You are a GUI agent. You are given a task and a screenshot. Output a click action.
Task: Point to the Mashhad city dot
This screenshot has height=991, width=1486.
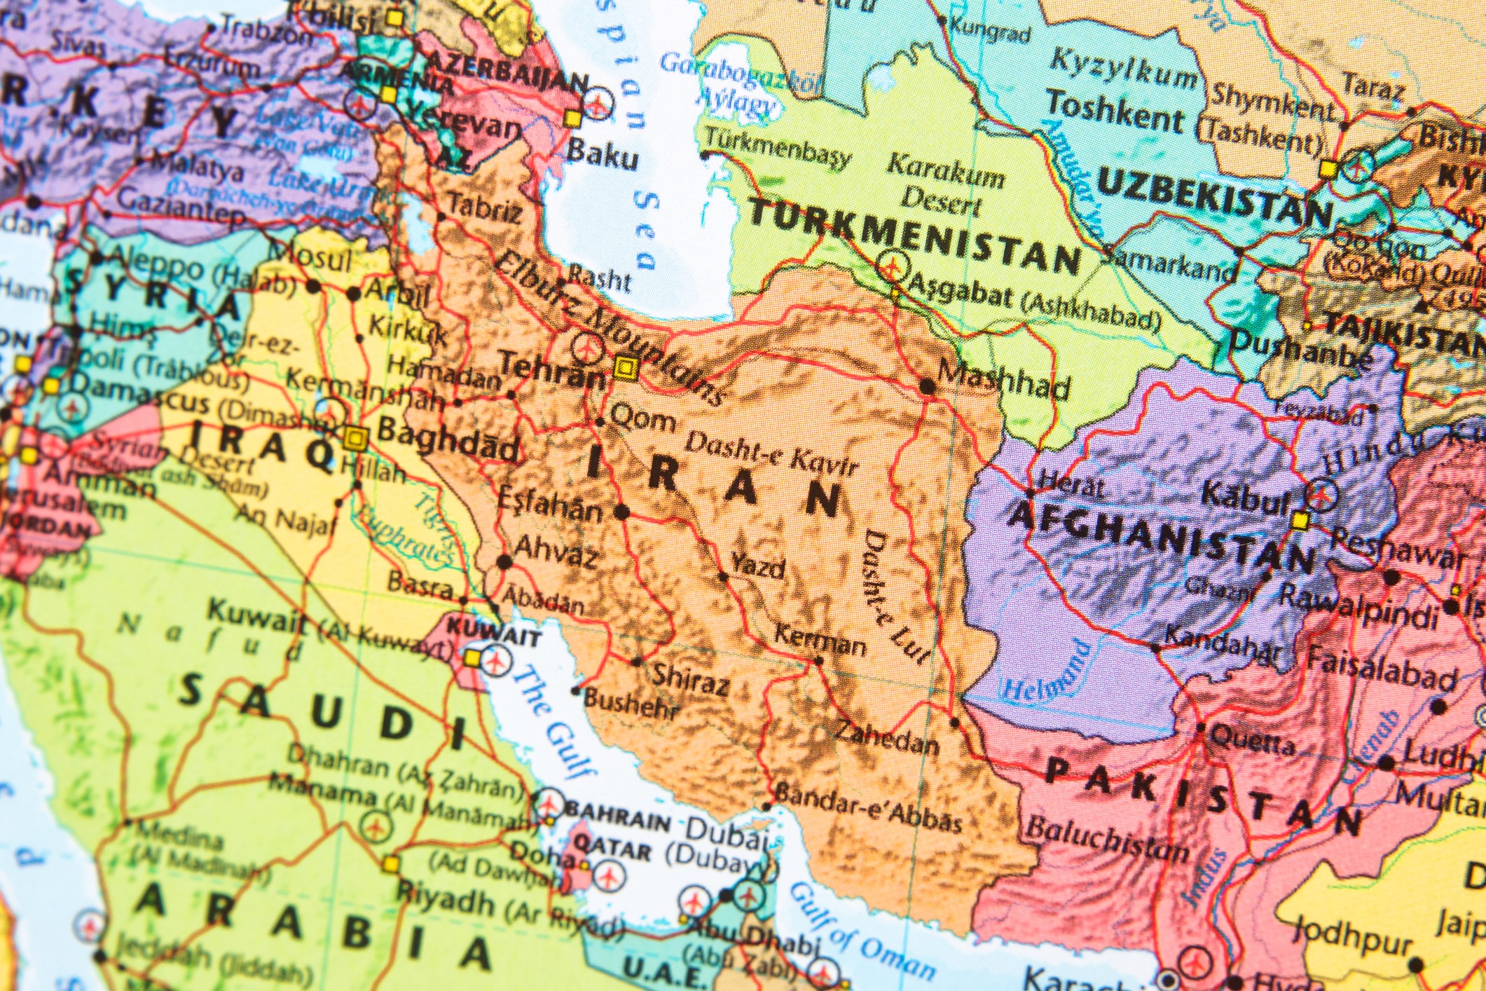[x=927, y=385]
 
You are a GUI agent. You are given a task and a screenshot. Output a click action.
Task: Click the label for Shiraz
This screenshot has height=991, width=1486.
[x=690, y=676]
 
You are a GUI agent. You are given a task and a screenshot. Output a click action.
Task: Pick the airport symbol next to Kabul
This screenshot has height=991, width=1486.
[x=1321, y=494]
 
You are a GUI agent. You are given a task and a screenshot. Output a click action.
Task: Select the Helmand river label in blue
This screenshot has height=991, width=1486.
[x=1047, y=673]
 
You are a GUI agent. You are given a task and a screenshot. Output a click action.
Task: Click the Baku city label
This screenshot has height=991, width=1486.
[x=602, y=156]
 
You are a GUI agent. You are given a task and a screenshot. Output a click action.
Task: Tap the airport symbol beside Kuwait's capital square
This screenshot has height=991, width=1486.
[x=497, y=660]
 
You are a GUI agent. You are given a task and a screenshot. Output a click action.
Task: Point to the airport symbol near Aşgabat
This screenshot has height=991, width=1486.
[x=892, y=266]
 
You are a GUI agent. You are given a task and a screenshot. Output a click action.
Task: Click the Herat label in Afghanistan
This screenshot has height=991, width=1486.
[x=1073, y=484]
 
